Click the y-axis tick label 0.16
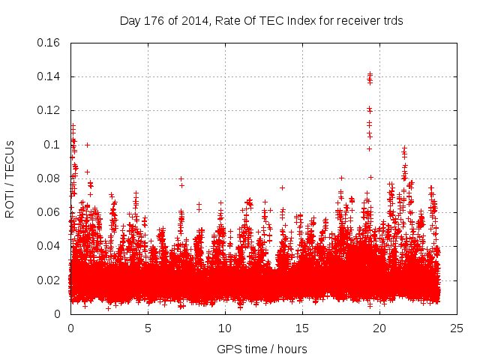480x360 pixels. click(x=49, y=43)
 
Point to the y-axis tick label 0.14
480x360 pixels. click(x=49, y=76)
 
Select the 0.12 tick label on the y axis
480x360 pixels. click(x=49, y=110)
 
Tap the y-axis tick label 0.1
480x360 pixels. click(x=52, y=145)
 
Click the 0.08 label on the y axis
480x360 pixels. click(x=49, y=178)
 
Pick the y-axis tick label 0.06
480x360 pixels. click(x=49, y=212)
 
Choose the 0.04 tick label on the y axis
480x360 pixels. click(x=49, y=246)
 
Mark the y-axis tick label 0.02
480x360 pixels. click(x=49, y=280)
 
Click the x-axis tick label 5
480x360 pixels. click(x=148, y=328)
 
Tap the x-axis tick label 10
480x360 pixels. click(x=225, y=328)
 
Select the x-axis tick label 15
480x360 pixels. click(x=302, y=328)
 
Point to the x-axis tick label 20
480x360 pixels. click(x=379, y=328)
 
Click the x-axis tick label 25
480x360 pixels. click(x=457, y=328)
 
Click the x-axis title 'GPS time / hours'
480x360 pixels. click(x=262, y=349)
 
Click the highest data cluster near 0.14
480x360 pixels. click(x=370, y=76)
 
